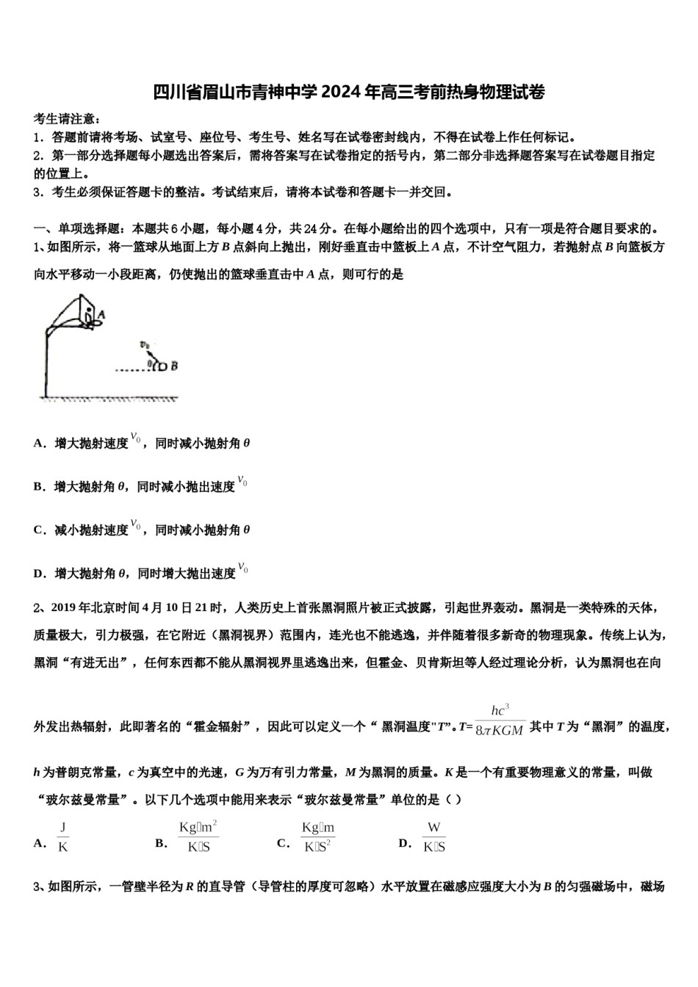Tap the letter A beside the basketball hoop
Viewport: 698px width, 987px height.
pos(101,314)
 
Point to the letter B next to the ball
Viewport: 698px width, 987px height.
pos(174,365)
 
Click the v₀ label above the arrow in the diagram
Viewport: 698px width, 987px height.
pos(145,344)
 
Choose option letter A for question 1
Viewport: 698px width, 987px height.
pos(38,444)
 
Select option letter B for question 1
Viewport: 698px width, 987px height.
pos(38,487)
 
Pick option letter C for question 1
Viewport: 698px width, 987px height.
pos(38,530)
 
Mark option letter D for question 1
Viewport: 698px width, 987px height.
pos(38,574)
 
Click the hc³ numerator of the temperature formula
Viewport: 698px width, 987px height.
pos(500,710)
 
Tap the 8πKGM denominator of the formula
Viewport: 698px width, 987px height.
pos(500,731)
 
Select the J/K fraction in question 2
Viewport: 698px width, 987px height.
pos(63,836)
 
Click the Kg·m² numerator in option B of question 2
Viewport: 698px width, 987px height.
pos(198,828)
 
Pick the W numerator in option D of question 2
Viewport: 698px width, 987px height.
pos(434,828)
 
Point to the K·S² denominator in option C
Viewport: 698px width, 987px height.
pos(318,846)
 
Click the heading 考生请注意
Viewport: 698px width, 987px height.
pos(66,119)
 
